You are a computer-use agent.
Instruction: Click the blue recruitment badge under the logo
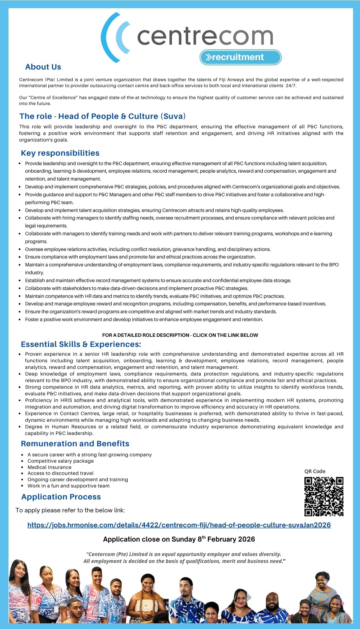(241, 57)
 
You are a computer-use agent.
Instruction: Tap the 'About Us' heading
(43, 67)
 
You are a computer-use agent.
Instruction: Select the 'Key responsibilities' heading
(60, 153)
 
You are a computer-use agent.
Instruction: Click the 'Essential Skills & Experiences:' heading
(81, 344)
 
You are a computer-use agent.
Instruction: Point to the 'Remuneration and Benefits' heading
(75, 444)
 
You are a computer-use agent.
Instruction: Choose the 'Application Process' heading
(61, 497)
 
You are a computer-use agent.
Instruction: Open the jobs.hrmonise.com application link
(179, 525)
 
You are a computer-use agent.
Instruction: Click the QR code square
(324, 497)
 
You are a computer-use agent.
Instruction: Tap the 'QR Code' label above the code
(315, 471)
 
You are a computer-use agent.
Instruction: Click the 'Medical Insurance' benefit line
(49, 467)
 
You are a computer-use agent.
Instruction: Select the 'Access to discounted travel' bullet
(60, 473)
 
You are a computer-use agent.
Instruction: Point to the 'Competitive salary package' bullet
(60, 461)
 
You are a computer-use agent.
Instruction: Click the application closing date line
(179, 539)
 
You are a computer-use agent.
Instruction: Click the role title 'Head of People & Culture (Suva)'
(102, 116)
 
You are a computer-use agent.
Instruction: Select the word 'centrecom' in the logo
(205, 37)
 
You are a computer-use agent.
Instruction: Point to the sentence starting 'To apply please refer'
(70, 510)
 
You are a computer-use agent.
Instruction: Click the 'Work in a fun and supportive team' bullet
(69, 486)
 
